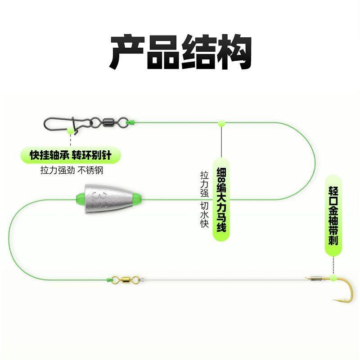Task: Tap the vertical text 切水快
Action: click(x=204, y=216)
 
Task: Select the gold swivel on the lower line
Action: click(x=120, y=280)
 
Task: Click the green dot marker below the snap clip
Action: click(x=70, y=130)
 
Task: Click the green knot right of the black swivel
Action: click(x=131, y=122)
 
